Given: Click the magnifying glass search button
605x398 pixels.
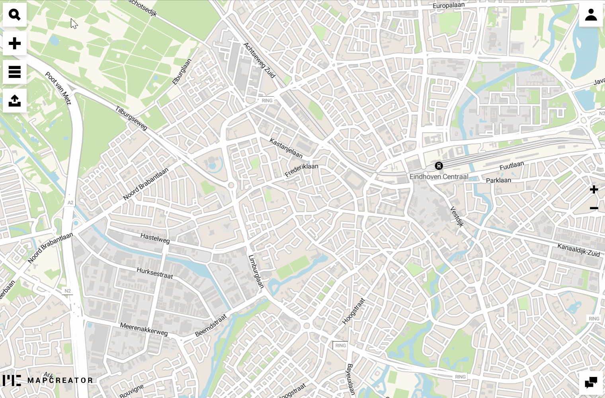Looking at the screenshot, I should coord(15,15).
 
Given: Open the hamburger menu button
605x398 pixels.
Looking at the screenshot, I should coord(15,72).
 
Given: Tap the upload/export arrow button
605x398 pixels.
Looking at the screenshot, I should coord(15,101).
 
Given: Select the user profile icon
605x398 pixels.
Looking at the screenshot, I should coord(591,15).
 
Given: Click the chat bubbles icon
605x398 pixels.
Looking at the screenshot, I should coord(591,382).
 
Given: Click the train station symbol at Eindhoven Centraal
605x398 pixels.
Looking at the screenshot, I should coord(439,166).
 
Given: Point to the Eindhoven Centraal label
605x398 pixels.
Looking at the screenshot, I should coord(439,177).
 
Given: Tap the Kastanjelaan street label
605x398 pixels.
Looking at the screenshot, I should coord(286,148).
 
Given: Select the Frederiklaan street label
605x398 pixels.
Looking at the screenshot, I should coord(301,170).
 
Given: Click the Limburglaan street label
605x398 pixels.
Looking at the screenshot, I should coord(256,271).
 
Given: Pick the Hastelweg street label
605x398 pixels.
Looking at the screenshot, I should coord(155,238).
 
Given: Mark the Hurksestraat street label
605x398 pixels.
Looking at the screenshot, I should coord(155,273).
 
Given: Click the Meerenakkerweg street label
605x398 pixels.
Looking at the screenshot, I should coord(144,329).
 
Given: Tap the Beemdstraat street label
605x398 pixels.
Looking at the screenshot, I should coord(211,325).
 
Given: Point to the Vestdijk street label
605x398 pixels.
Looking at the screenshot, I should coord(457,216).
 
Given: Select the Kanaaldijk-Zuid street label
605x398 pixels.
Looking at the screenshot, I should coord(578,250).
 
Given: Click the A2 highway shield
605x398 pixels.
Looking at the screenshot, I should coord(70,202).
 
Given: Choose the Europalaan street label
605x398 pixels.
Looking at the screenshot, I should coord(449,5).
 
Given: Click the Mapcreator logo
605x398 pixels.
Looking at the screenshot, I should coord(48,380).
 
